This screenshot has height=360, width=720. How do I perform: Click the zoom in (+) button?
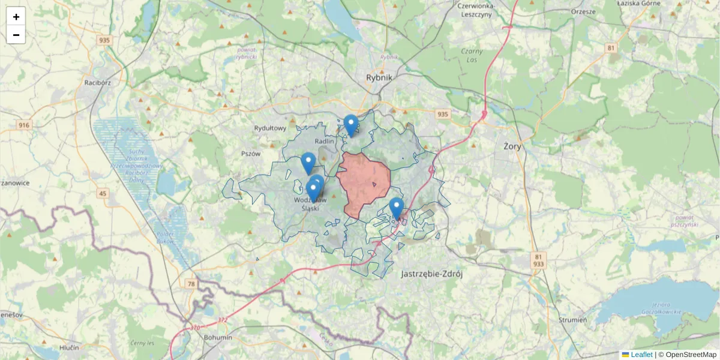(x=16, y=17)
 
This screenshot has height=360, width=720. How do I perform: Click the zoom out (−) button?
(x=16, y=35)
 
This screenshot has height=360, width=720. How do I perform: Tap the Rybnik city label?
(x=379, y=77)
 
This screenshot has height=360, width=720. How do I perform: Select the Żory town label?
(x=512, y=146)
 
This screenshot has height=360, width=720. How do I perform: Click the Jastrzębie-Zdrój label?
(x=431, y=274)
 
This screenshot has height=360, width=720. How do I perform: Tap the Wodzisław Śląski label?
(x=310, y=204)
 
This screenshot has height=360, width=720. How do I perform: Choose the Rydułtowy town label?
(x=270, y=128)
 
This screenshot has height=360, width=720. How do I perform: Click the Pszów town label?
(x=251, y=153)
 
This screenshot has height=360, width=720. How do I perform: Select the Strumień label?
(x=572, y=320)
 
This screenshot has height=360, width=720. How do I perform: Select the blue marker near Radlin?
(x=351, y=125)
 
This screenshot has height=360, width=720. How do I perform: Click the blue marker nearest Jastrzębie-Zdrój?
(x=396, y=208)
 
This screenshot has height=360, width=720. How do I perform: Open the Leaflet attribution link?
(x=641, y=355)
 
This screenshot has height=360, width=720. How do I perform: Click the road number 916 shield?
(x=24, y=125)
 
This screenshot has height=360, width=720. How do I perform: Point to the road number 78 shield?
(x=191, y=284)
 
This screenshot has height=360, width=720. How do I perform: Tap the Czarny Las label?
(x=472, y=56)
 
